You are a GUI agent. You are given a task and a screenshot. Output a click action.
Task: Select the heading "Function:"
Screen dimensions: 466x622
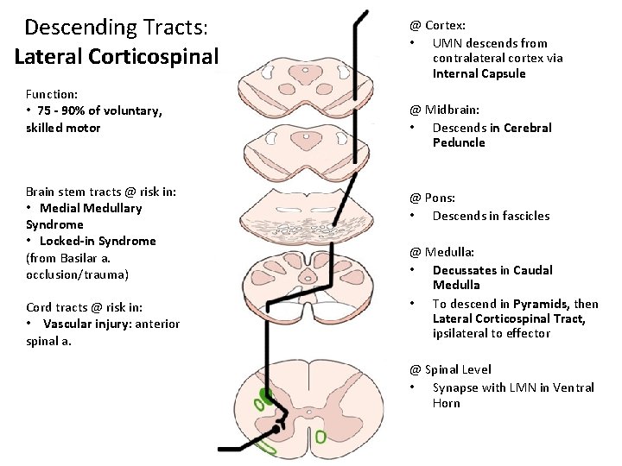coord(52,94)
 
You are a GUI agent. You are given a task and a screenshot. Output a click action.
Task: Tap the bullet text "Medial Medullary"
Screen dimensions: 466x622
coord(91,208)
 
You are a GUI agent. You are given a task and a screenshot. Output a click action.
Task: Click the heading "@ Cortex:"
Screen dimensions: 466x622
coord(437,26)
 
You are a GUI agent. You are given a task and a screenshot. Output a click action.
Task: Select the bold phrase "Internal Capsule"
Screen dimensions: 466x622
coord(479,74)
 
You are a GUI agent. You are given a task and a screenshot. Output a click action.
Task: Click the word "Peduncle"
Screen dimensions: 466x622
coord(459,142)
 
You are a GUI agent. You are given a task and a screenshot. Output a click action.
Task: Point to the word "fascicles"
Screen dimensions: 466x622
coord(521,216)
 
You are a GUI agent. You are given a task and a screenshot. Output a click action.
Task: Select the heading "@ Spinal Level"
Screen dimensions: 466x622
coord(450,369)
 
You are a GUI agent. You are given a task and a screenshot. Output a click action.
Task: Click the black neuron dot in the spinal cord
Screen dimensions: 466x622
coord(276,428)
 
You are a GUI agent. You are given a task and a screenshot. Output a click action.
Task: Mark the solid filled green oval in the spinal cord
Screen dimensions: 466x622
coord(267,396)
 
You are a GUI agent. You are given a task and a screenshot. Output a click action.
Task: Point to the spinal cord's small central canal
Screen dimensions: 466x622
coord(295,412)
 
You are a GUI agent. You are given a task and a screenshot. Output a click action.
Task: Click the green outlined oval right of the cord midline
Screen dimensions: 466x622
coord(321,438)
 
